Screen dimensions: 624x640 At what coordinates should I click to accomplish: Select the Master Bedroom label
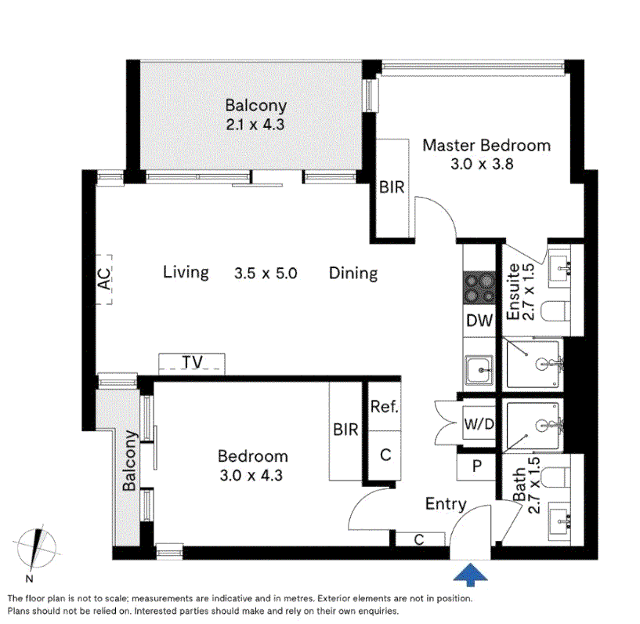(x=486, y=146)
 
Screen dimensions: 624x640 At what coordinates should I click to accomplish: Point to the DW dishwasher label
(x=479, y=320)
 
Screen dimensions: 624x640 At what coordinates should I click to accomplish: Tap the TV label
(x=192, y=362)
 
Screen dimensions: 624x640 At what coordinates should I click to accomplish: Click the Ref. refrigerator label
(x=385, y=408)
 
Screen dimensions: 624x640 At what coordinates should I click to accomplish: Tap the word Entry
(x=446, y=504)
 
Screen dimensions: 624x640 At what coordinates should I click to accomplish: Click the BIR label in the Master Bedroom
(x=392, y=188)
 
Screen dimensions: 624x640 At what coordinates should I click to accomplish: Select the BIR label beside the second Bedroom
(x=345, y=430)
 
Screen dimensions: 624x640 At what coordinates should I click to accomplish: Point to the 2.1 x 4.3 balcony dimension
(x=255, y=124)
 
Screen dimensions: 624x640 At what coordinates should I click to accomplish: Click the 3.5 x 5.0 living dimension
(x=266, y=274)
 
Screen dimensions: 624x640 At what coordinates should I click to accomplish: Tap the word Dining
(x=353, y=273)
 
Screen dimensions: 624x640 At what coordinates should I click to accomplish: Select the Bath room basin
(x=562, y=517)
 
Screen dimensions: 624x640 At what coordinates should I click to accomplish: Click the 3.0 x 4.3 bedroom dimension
(x=252, y=474)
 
